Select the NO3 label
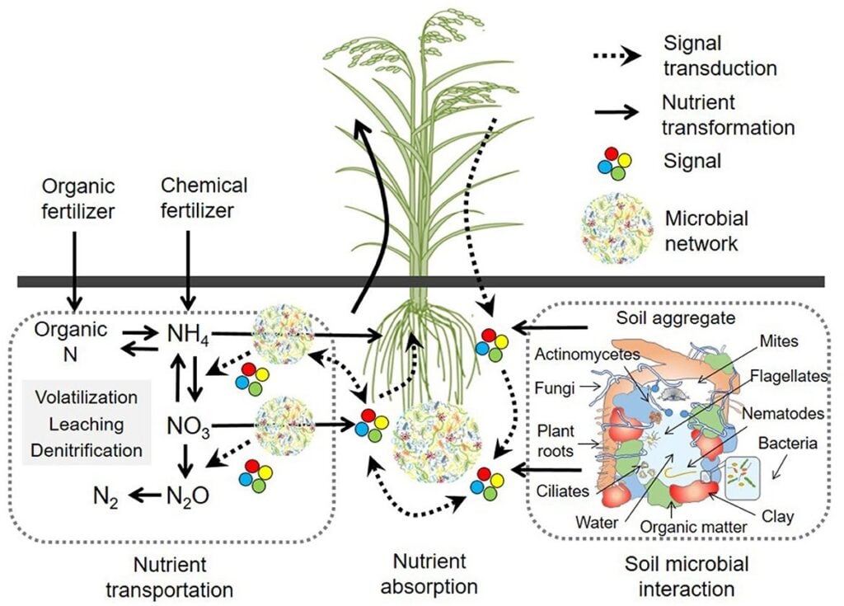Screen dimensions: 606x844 pyautogui.click(x=189, y=430)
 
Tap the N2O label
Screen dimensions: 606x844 pyautogui.click(x=188, y=496)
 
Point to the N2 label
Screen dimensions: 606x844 pyautogui.click(x=105, y=496)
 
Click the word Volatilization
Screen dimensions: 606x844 pyautogui.click(x=87, y=397)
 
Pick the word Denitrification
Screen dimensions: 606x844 pyautogui.click(x=87, y=450)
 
